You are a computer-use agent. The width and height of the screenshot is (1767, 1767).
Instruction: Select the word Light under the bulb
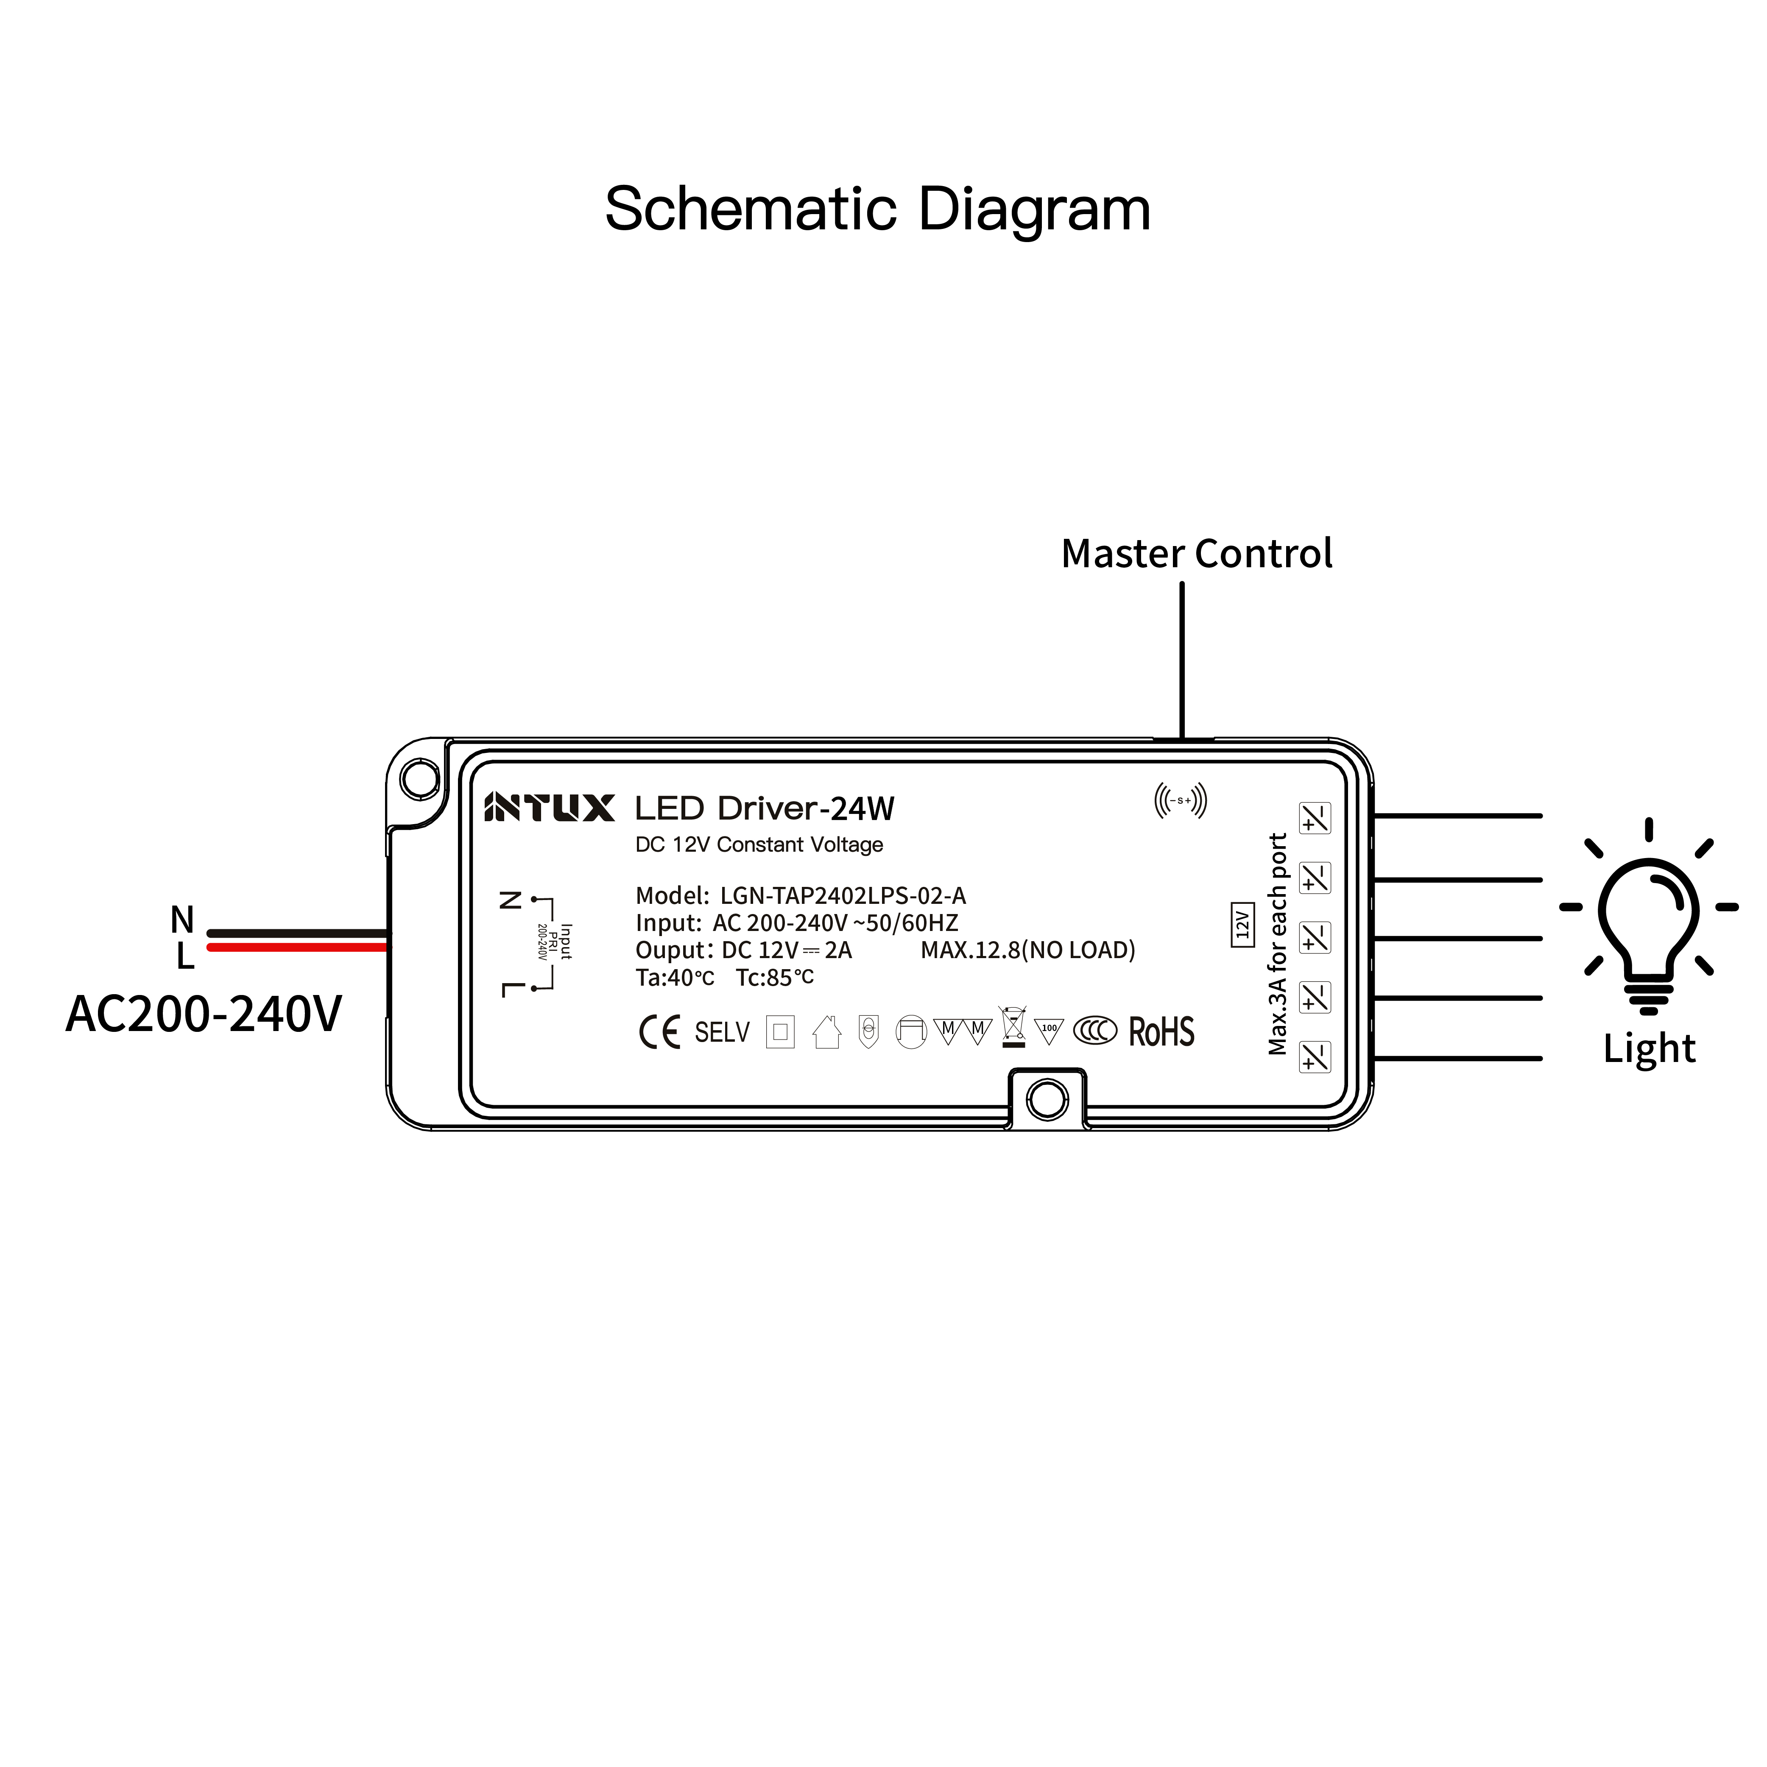point(1648,1048)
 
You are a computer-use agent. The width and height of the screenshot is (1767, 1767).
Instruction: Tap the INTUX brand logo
point(549,808)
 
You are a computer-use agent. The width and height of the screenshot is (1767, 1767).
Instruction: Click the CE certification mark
point(659,1033)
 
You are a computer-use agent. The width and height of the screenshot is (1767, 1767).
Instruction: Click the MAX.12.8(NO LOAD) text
point(1027,950)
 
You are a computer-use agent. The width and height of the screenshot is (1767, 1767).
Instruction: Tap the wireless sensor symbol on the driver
point(1180,800)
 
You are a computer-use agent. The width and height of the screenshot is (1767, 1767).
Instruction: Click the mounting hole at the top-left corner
point(420,779)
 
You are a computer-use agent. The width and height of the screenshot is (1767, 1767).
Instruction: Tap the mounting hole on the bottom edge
point(1047,1099)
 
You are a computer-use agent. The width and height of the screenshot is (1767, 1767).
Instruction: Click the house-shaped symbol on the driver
point(827,1033)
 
